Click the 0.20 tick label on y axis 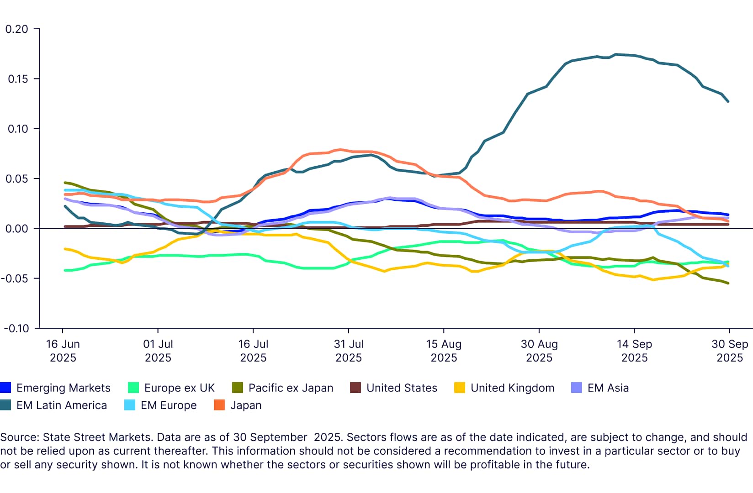click(16, 29)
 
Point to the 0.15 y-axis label click(17, 79)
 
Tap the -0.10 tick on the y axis click(16, 328)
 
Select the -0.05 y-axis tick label click(16, 278)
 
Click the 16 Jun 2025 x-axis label click(63, 351)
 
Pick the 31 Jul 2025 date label click(349, 351)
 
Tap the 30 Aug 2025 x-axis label click(539, 351)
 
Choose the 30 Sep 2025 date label click(730, 351)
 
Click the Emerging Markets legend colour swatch click(5, 388)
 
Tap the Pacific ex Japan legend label click(291, 388)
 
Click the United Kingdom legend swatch click(460, 388)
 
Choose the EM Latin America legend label click(62, 405)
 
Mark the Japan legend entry click(246, 405)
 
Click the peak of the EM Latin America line click(616, 54)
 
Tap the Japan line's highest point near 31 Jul click(340, 150)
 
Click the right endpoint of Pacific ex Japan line click(728, 283)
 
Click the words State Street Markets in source click(96, 437)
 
